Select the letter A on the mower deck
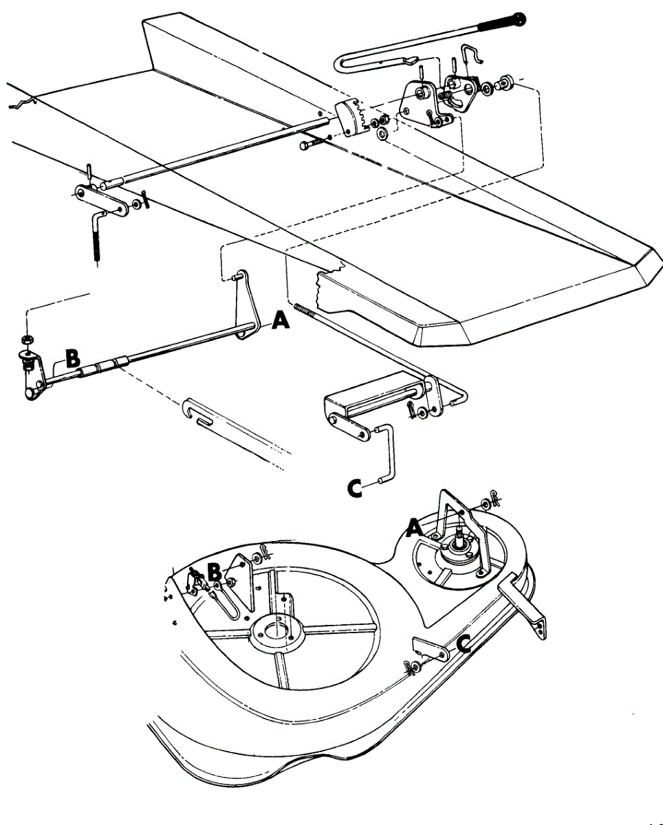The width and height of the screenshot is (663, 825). point(414,528)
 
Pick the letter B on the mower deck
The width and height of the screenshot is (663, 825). point(214,571)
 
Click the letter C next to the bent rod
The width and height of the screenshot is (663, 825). point(356,488)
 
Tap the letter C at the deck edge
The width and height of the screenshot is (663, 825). point(465,643)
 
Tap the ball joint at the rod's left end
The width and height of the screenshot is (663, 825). point(32,393)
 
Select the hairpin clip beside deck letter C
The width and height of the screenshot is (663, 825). point(414,666)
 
